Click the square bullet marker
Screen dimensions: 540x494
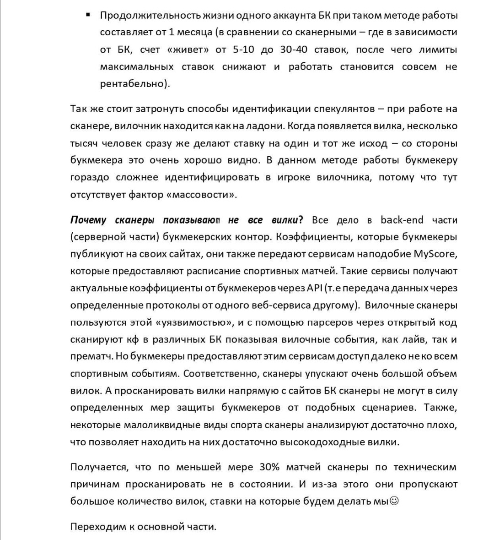point(87,15)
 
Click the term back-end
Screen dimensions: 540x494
point(402,220)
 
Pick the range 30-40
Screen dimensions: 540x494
point(298,49)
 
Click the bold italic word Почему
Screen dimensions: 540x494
point(89,220)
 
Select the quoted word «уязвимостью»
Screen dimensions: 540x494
point(193,322)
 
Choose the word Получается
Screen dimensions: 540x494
point(96,467)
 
